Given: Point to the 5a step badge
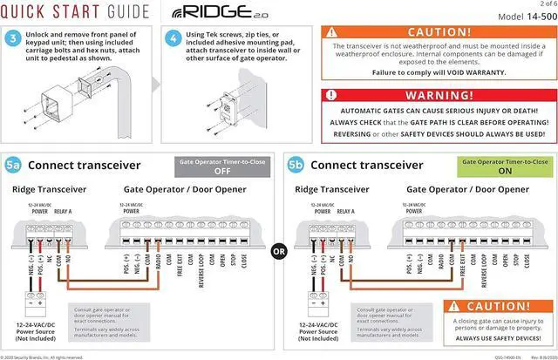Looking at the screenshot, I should coord(12,165).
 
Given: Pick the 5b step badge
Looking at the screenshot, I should coord(295,165).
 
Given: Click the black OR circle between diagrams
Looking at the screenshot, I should coord(279,252).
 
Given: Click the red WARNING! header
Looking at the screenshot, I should coord(439,94).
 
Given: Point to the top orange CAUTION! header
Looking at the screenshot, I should coord(439,32).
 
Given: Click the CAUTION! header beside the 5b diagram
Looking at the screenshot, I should coord(496,306).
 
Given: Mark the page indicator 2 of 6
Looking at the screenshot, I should coord(541,4).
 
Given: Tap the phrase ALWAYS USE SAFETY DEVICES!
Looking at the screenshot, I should coord(496,338).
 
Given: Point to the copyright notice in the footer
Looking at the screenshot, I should coord(43,357).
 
